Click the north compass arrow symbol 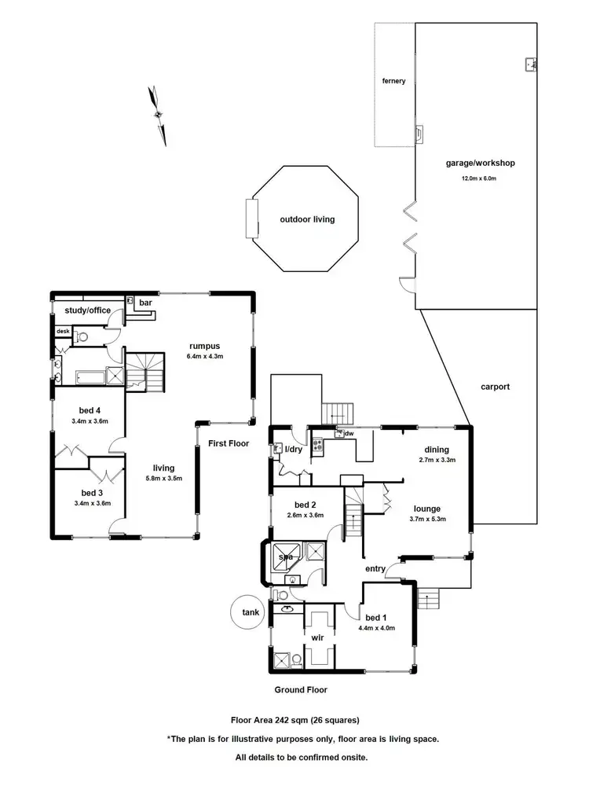click(x=159, y=115)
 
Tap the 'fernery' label click(x=393, y=81)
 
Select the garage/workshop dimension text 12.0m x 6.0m click(x=479, y=178)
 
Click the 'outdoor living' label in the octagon click(x=307, y=219)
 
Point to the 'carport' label click(x=496, y=387)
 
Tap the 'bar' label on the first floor click(x=146, y=303)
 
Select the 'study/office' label click(x=87, y=310)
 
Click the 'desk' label click(x=63, y=331)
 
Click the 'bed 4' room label click(x=90, y=410)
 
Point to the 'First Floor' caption click(x=229, y=443)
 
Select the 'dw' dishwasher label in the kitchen click(x=348, y=433)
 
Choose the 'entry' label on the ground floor click(x=374, y=568)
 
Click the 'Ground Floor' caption click(x=300, y=689)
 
